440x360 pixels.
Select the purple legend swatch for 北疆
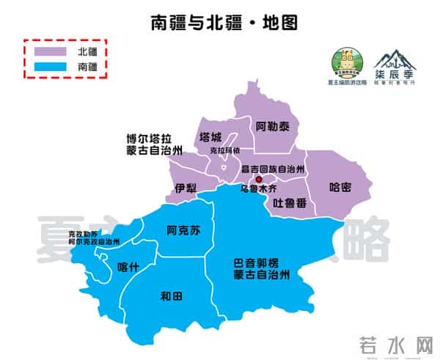[x=51, y=51]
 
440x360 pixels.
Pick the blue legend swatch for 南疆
[x=51, y=66]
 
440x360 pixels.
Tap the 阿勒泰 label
[x=273, y=127]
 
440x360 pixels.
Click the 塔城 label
[x=210, y=137]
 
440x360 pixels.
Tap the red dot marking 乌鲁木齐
[x=257, y=178]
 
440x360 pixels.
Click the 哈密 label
[x=340, y=186]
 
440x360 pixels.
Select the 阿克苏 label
[x=183, y=229]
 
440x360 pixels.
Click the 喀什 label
[x=128, y=267]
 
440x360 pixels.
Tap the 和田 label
[x=171, y=296]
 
